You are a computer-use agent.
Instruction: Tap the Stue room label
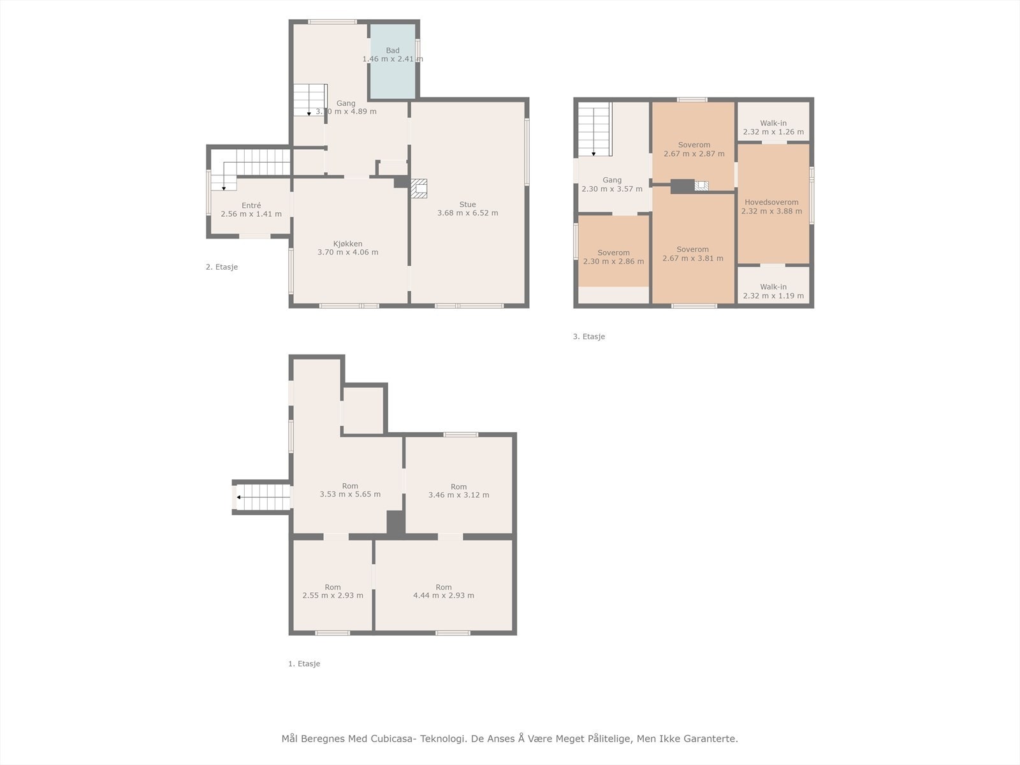(x=467, y=205)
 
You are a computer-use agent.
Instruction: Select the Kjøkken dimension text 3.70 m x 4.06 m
(x=347, y=252)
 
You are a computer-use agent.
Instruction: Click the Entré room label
(x=251, y=205)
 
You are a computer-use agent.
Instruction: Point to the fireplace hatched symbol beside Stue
(x=419, y=188)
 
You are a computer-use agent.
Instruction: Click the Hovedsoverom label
(x=771, y=202)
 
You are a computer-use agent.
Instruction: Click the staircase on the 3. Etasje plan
(x=594, y=131)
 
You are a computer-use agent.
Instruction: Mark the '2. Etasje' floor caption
(x=221, y=267)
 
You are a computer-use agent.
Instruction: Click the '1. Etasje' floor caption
(x=304, y=664)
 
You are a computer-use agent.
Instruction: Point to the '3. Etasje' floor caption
(x=588, y=337)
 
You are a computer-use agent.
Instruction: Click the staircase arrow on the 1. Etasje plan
(x=239, y=497)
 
